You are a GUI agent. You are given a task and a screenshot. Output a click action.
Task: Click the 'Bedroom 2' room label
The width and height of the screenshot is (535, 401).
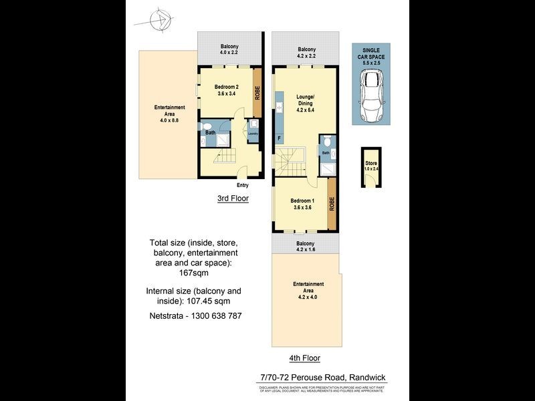pos(227,90)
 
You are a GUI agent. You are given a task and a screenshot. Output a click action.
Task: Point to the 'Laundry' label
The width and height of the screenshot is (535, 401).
pos(253,134)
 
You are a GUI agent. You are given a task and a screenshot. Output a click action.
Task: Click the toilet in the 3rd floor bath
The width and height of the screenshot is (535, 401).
pos(207,126)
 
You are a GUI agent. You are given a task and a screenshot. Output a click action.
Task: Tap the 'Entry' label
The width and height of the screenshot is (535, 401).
pos(242,185)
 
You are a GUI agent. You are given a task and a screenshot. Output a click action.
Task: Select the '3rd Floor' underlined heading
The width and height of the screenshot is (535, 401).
pos(232,198)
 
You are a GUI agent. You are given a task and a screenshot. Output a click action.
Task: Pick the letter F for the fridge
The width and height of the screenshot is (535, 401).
pos(279,138)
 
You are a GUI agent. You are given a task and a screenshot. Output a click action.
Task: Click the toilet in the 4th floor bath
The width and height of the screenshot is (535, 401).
pos(326,141)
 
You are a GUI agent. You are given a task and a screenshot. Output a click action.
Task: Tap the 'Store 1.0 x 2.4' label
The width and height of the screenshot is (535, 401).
pos(370,166)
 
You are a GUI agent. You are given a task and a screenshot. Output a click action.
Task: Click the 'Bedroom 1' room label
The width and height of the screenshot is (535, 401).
pos(303,204)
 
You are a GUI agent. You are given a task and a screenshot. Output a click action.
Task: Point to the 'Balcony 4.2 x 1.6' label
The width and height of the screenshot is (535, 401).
pos(306,246)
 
